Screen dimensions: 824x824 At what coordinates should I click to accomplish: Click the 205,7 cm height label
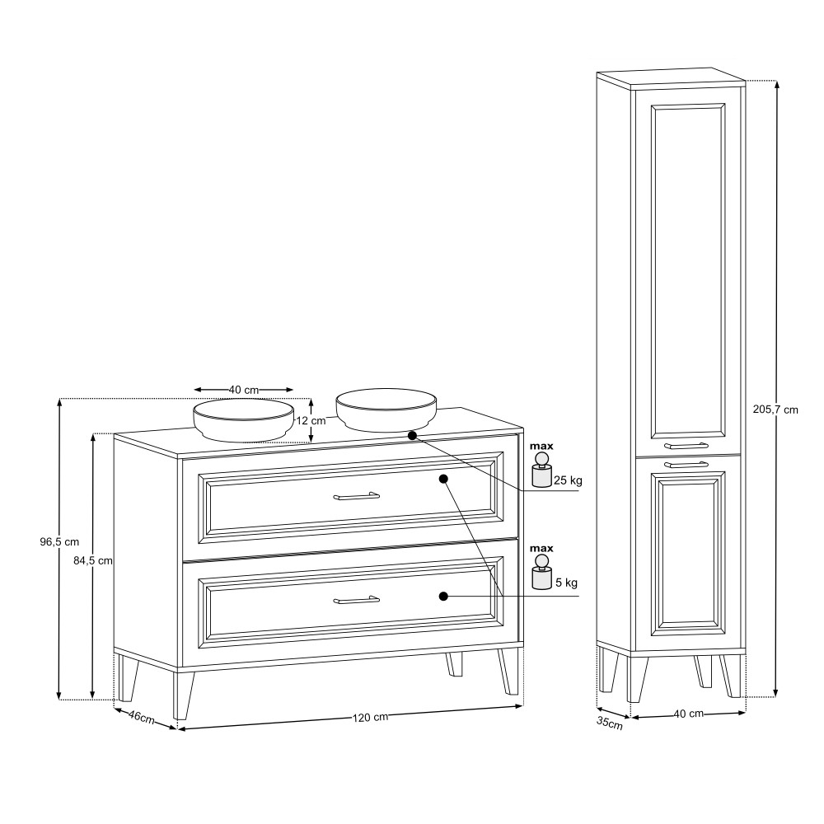(x=775, y=410)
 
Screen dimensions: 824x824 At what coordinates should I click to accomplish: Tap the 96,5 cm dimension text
(x=59, y=542)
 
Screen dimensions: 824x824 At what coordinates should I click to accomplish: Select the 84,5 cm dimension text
(x=93, y=560)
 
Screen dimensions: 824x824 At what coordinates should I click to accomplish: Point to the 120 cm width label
(x=370, y=718)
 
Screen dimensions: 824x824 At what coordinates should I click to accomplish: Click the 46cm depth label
(x=142, y=717)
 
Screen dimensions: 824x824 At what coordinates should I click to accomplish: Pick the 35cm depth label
(x=610, y=723)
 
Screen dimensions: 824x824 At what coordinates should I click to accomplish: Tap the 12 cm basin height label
(x=311, y=420)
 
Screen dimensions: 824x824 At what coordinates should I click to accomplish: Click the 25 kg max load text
(x=568, y=480)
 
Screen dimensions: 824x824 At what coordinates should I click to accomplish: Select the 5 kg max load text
(x=567, y=583)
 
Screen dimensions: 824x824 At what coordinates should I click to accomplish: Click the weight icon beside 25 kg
(x=541, y=471)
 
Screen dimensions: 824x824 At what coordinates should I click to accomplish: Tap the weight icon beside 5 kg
(x=541, y=573)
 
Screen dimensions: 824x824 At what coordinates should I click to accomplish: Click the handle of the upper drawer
(x=356, y=495)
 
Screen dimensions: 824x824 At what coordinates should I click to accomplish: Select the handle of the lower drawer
(x=356, y=599)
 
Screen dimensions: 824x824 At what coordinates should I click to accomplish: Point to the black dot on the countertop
(x=412, y=436)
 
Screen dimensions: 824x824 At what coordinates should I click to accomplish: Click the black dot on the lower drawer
(x=443, y=596)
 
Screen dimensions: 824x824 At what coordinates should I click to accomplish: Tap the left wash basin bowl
(x=243, y=420)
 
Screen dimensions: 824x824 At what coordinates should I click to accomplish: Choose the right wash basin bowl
(x=386, y=410)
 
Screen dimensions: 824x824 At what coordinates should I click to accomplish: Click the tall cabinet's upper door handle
(x=686, y=446)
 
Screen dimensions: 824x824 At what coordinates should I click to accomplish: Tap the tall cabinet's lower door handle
(x=686, y=465)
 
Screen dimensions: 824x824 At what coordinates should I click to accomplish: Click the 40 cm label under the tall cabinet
(x=688, y=714)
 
